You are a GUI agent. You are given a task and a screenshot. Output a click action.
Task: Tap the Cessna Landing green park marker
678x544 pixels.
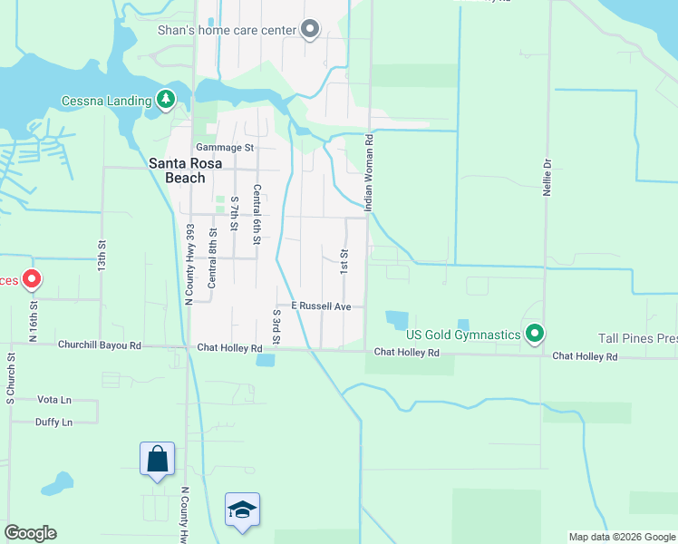165,100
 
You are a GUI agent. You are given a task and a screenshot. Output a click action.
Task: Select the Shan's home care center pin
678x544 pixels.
310,30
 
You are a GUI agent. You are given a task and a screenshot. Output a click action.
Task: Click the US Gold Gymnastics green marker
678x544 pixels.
535,335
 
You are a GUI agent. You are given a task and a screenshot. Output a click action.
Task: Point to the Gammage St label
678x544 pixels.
224,147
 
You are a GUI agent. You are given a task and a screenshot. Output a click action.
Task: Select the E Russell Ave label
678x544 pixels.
321,306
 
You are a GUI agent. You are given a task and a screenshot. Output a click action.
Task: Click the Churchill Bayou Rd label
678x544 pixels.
100,345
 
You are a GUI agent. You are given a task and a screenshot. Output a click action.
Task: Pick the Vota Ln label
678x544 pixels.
53,399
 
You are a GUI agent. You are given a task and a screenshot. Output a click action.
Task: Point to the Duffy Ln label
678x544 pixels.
54,422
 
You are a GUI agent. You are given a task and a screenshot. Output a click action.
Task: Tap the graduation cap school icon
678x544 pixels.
242,510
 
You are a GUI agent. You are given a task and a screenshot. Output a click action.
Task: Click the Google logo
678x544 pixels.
30,533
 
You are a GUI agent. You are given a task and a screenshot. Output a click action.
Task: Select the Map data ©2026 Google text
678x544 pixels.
622,537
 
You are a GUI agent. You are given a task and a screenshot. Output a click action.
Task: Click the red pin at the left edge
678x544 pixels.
31,279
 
